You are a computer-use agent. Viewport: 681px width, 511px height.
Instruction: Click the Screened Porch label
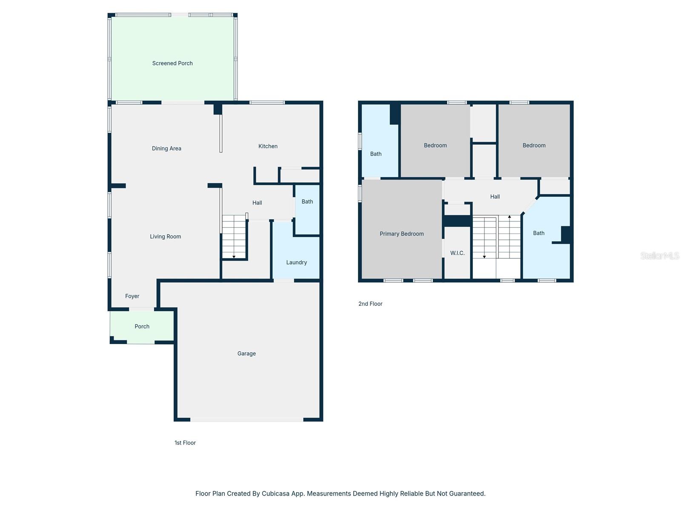172,63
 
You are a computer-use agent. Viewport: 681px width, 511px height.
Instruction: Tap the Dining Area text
166,149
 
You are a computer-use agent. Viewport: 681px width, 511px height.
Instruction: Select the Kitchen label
268,146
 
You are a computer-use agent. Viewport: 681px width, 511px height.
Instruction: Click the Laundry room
296,262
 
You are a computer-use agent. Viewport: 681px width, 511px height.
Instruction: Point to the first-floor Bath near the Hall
307,202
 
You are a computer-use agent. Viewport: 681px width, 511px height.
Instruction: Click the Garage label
246,353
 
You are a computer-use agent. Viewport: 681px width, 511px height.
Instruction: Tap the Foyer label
132,296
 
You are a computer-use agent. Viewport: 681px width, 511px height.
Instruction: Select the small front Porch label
142,327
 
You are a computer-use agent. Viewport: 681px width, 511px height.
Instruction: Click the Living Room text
165,237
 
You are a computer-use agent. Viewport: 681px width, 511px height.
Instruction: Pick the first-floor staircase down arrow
234,256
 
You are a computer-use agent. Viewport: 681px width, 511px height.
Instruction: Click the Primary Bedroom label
401,234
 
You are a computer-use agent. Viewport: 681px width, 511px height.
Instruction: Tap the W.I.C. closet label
457,253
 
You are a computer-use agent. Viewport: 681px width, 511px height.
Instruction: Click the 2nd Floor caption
370,304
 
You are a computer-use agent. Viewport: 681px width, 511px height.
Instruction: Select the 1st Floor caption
185,443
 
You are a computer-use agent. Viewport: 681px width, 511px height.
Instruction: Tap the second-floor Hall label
495,197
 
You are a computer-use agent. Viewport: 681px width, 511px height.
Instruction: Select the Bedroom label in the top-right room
534,146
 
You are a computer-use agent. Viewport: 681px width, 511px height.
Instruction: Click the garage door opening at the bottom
246,420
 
